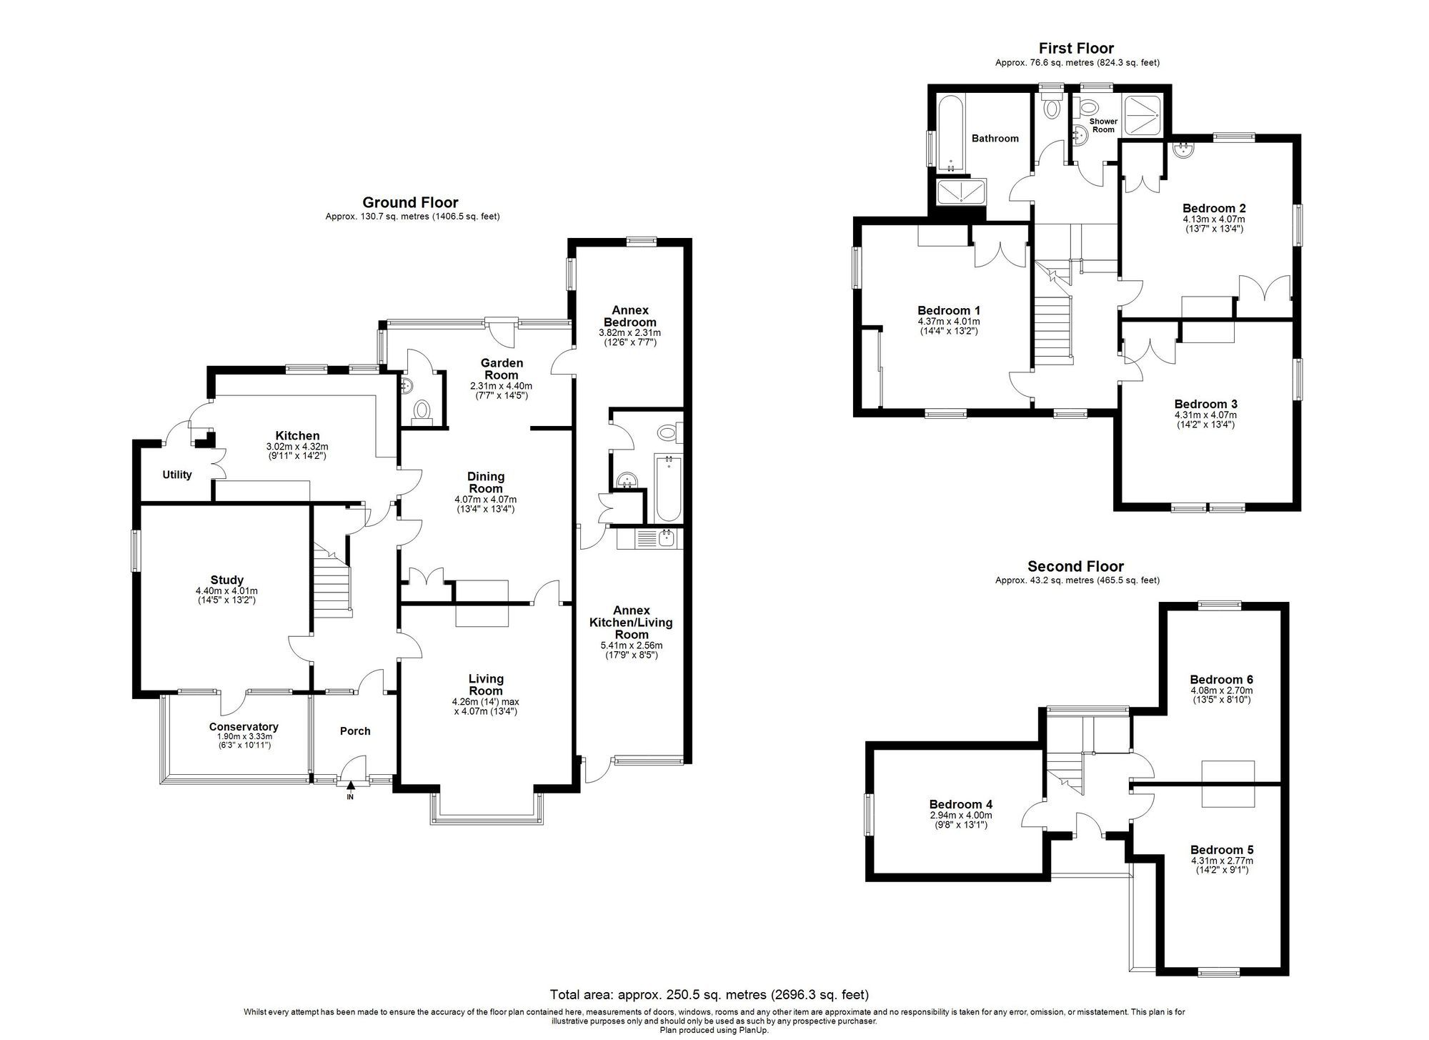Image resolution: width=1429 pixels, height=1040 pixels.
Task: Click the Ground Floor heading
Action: pos(410,202)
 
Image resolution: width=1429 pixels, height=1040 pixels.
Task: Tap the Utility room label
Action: pos(176,475)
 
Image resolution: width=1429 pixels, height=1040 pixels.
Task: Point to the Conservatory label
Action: pos(244,727)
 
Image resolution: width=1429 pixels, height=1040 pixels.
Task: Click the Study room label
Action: pos(226,580)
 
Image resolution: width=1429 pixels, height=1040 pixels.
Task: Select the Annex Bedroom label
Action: pos(630,316)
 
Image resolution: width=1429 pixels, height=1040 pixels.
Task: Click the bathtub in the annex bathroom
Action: pos(667,489)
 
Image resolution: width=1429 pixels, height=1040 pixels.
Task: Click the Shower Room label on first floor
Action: pos(1103,125)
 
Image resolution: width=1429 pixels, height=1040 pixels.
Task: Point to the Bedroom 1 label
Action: pos(948,310)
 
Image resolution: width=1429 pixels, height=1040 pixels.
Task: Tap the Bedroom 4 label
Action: pos(960,804)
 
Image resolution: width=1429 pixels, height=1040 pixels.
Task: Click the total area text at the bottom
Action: pos(709,994)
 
